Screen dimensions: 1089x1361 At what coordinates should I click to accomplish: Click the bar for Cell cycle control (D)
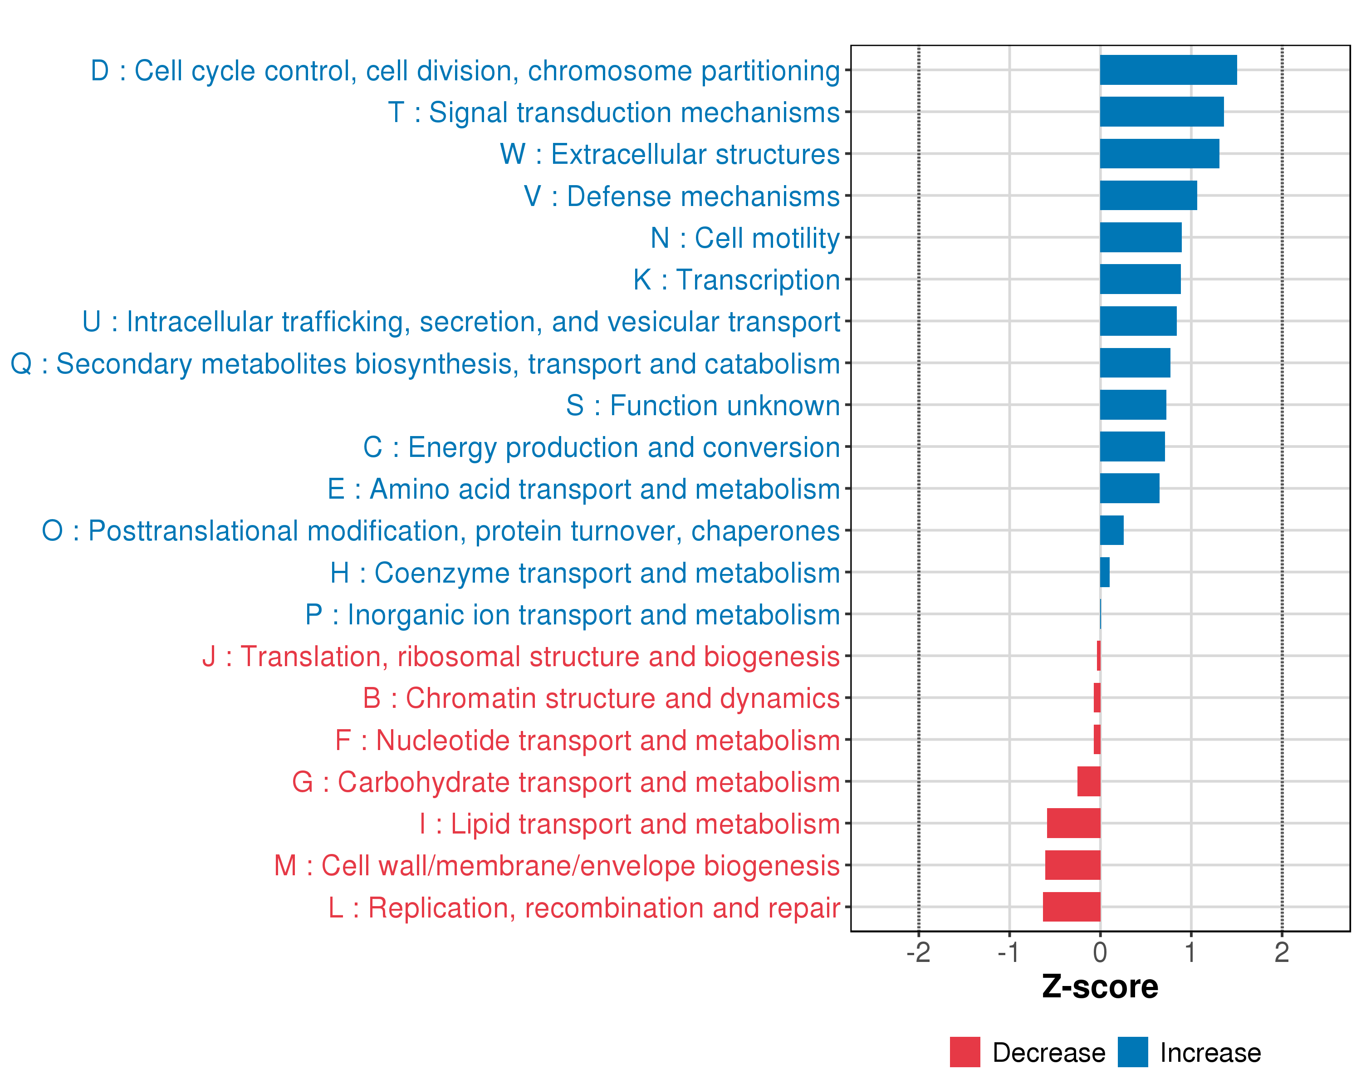pos(1168,70)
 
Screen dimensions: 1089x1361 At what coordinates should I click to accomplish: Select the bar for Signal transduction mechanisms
pos(1161,112)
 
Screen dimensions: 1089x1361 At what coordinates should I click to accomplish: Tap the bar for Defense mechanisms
pos(1148,196)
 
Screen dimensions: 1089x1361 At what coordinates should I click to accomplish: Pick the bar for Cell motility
pos(1140,237)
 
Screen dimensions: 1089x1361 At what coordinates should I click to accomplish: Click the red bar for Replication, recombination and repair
pos(1071,907)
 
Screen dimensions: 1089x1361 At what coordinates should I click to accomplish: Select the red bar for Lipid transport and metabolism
pos(1073,823)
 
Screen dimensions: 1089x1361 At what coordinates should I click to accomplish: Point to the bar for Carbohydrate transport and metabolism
pos(1088,781)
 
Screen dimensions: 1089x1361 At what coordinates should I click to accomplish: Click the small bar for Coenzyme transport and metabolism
pos(1105,572)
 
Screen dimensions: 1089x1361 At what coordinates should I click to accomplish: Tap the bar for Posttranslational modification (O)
pos(1111,530)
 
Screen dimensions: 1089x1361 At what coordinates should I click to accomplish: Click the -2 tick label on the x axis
pos(919,952)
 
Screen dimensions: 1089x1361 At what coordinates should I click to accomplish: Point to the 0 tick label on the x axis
pos(1100,952)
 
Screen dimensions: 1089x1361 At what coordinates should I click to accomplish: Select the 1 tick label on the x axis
pos(1190,952)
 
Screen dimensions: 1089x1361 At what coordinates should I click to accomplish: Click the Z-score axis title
pos(1100,987)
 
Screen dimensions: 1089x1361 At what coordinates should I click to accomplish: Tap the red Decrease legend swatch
pos(964,1052)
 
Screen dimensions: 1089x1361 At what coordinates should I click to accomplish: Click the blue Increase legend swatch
pos(1132,1052)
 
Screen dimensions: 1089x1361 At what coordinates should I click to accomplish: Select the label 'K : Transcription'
pos(736,280)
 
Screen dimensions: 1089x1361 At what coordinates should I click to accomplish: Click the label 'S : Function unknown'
pos(703,405)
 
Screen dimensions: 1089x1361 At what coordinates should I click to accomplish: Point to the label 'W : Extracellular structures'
pos(670,154)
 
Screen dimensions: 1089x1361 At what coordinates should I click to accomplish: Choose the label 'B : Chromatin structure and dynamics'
pos(601,698)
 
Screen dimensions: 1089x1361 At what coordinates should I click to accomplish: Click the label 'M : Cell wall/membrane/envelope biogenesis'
pos(557,865)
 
